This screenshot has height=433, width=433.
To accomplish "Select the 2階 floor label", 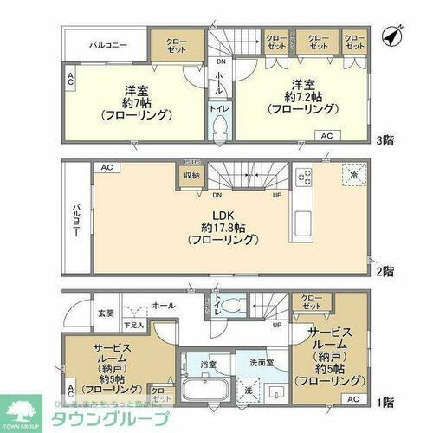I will tap(385, 269).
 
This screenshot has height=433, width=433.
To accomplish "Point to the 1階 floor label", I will tap(385, 403).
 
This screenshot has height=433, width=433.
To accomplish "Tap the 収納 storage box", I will tap(191, 175).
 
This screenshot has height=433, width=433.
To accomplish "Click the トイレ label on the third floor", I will tap(216, 110).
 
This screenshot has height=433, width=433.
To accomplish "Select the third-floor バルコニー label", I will tap(107, 42).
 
